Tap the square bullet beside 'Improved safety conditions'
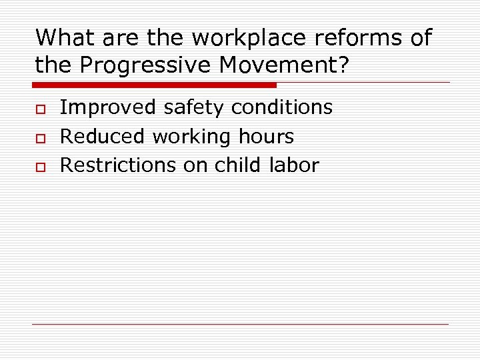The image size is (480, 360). coord(39,108)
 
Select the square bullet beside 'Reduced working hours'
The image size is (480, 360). coord(39,137)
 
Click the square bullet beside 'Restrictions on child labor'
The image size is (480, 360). coord(39,166)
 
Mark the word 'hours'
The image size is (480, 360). coord(265,137)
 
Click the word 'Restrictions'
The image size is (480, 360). coord(118,165)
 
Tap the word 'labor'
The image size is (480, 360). coord(295,165)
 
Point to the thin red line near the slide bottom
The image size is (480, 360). coord(240,325)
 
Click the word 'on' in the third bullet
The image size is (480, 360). coord(195,165)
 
